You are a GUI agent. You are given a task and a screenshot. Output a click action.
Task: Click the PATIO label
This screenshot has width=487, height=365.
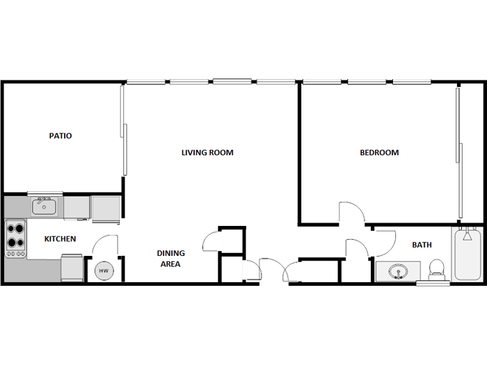pyautogui.click(x=61, y=136)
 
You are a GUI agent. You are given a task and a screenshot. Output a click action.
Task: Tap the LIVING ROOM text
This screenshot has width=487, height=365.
pyautogui.click(x=207, y=152)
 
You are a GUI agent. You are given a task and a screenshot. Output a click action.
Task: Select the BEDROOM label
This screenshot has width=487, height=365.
pyautogui.click(x=379, y=152)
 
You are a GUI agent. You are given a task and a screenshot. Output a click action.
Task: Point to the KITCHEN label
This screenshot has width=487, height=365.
pyautogui.click(x=61, y=239)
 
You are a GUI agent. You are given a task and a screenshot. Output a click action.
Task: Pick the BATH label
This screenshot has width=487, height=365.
pyautogui.click(x=422, y=245)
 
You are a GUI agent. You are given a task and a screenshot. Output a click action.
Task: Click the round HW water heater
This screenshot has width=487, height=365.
pyautogui.click(x=103, y=270)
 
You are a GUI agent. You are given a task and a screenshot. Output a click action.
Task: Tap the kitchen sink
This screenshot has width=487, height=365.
pyautogui.click(x=44, y=206)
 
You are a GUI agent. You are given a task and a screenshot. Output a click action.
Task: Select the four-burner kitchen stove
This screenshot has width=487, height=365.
pyautogui.click(x=15, y=238)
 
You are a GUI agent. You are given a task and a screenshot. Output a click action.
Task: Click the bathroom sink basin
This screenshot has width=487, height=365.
pyautogui.click(x=398, y=272)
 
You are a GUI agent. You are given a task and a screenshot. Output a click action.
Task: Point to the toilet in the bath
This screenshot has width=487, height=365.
pyautogui.click(x=437, y=268)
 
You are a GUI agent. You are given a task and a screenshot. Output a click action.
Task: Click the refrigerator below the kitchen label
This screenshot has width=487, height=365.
pyautogui.click(x=72, y=268)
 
